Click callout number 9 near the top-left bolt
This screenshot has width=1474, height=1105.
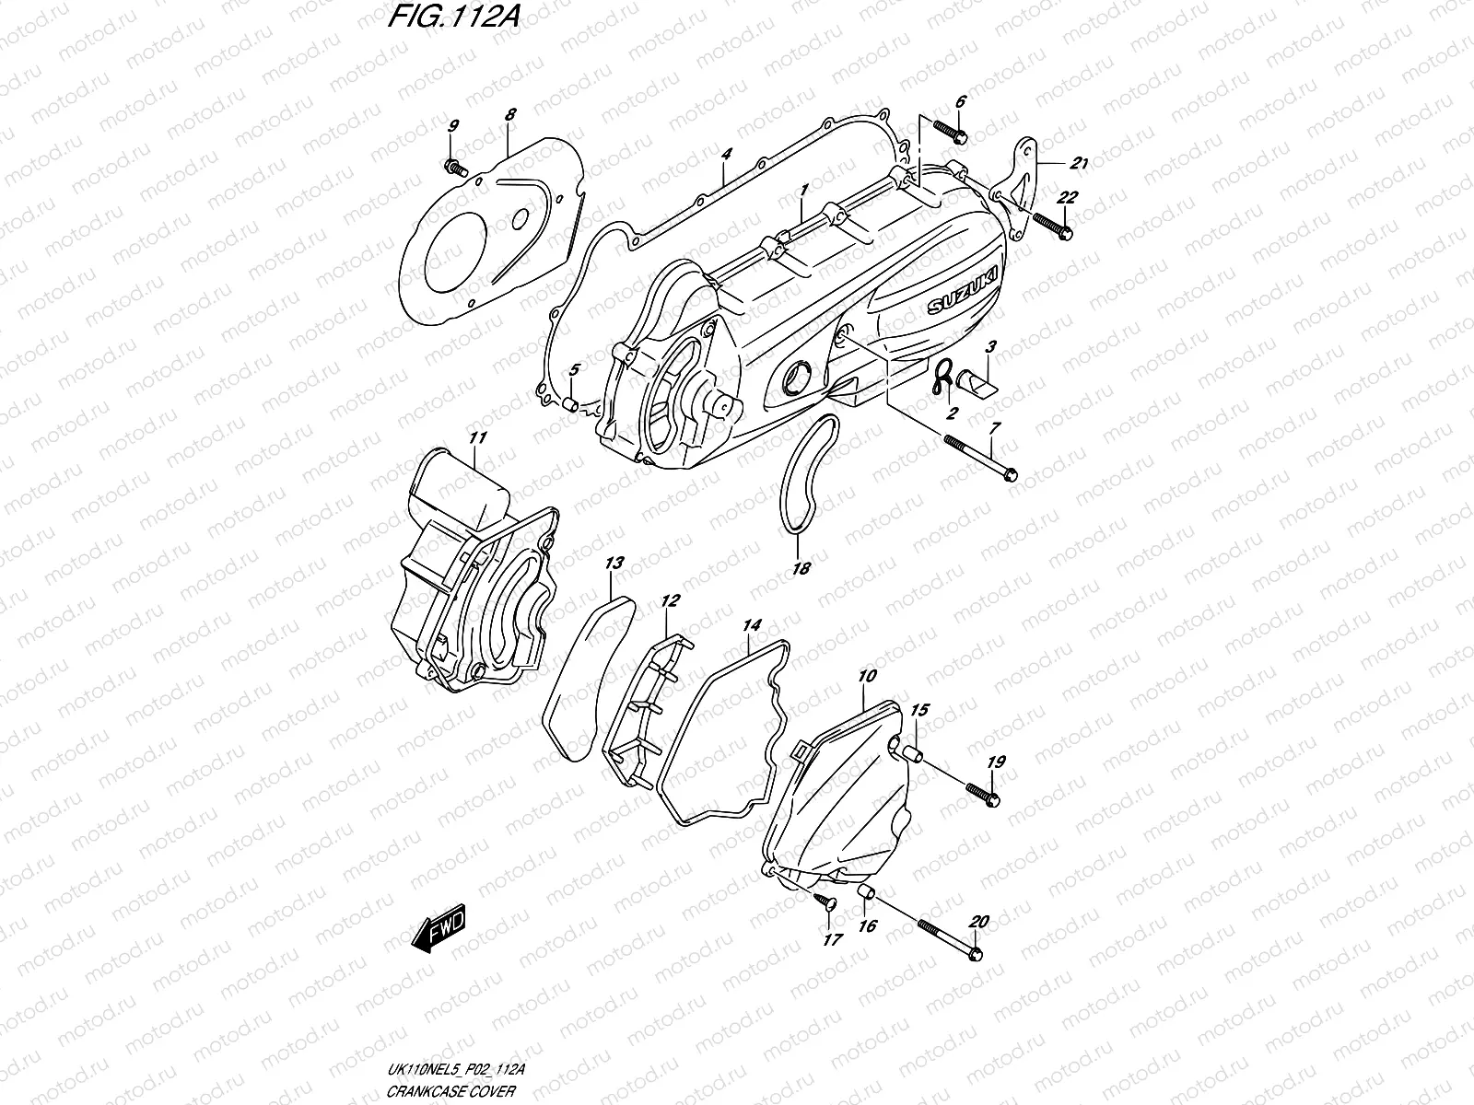coord(452,126)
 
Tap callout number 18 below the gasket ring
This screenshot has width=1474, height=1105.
coord(801,569)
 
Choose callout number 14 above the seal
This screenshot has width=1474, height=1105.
coord(752,626)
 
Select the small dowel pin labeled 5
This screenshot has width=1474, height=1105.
coord(571,402)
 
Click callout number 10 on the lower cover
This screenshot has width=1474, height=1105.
coord(866,677)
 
